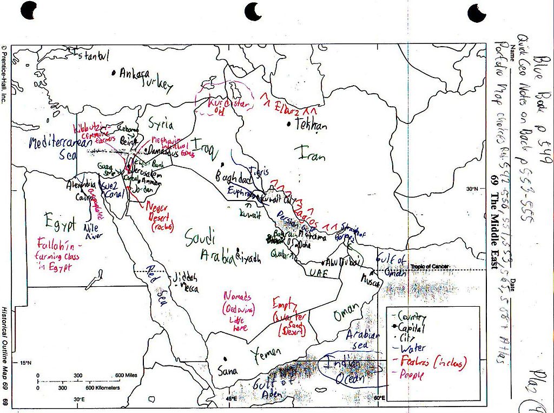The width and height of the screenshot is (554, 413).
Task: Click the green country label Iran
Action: click(312, 156)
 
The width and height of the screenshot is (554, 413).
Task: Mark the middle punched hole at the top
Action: click(253, 10)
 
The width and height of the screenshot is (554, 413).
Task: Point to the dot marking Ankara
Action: click(114, 72)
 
